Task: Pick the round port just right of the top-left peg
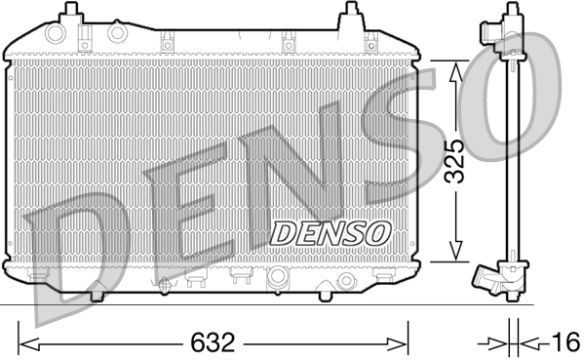118,33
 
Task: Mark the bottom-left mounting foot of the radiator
98,292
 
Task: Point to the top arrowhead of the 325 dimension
454,65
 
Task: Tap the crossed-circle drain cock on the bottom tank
164,285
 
